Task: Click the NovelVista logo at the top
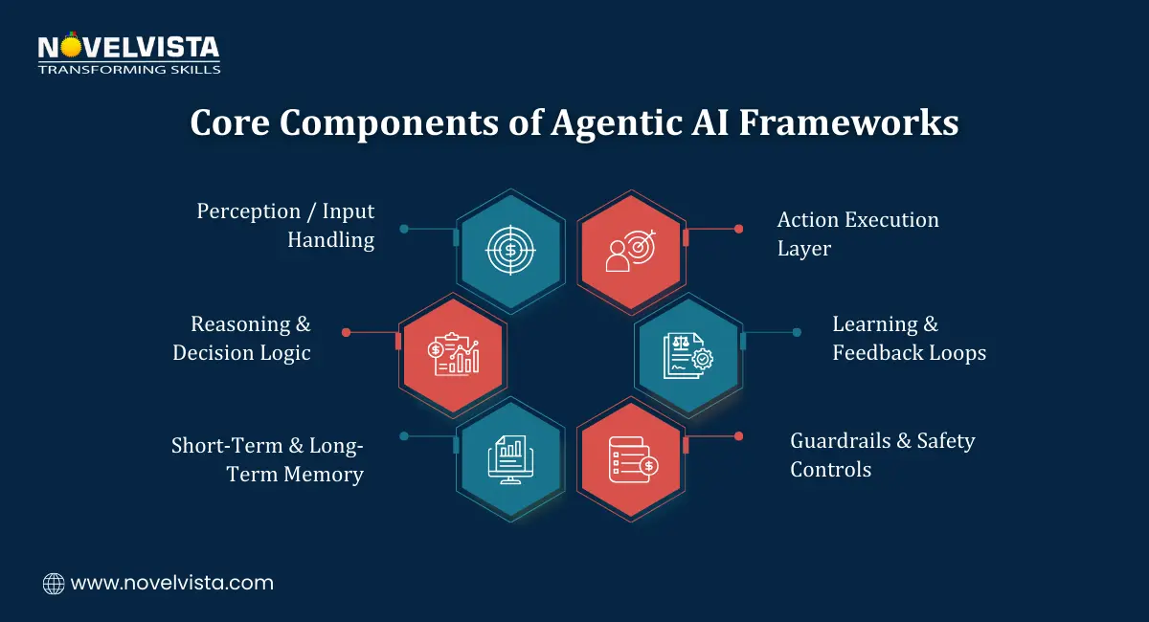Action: (x=128, y=54)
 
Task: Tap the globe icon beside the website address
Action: (x=54, y=583)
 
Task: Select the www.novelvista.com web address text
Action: (x=172, y=583)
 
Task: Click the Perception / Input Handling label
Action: (x=285, y=225)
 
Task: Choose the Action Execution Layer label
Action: (x=857, y=233)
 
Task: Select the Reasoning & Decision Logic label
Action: (x=242, y=338)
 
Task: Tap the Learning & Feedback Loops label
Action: (x=908, y=338)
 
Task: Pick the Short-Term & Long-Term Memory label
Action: (x=267, y=459)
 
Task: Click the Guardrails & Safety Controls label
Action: (x=882, y=455)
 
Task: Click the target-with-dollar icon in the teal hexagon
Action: (x=510, y=250)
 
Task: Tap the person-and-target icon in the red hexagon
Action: (x=631, y=250)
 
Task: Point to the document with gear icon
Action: (x=687, y=354)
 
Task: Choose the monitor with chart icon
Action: (x=510, y=459)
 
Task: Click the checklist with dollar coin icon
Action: (x=631, y=459)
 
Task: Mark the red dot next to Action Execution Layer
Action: (x=738, y=229)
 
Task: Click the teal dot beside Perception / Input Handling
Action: (x=404, y=229)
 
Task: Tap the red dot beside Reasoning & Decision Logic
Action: (x=347, y=332)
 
